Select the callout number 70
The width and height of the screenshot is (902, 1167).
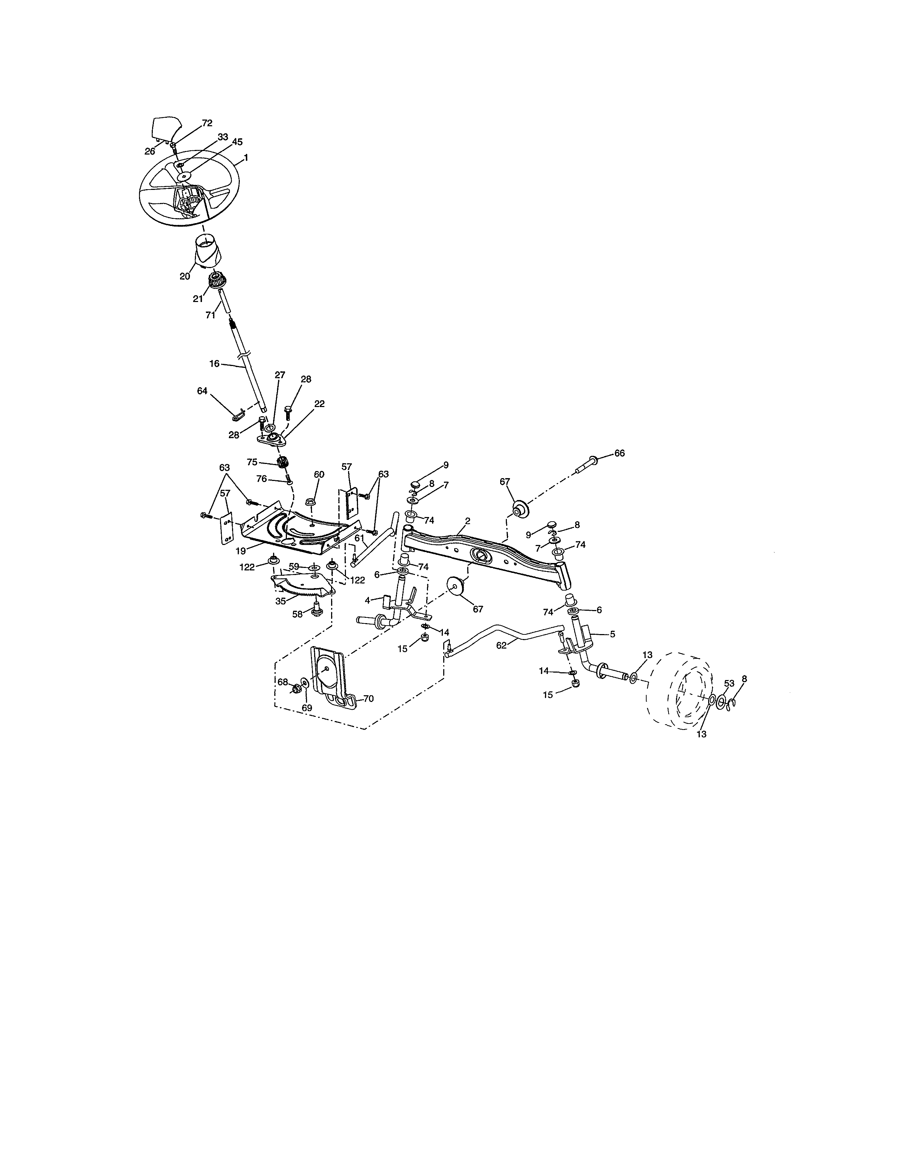(x=368, y=698)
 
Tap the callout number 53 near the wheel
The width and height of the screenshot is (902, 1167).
(x=729, y=684)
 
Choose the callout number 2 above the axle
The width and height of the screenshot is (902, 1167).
(x=468, y=521)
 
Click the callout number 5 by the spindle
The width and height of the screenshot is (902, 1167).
(x=612, y=634)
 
